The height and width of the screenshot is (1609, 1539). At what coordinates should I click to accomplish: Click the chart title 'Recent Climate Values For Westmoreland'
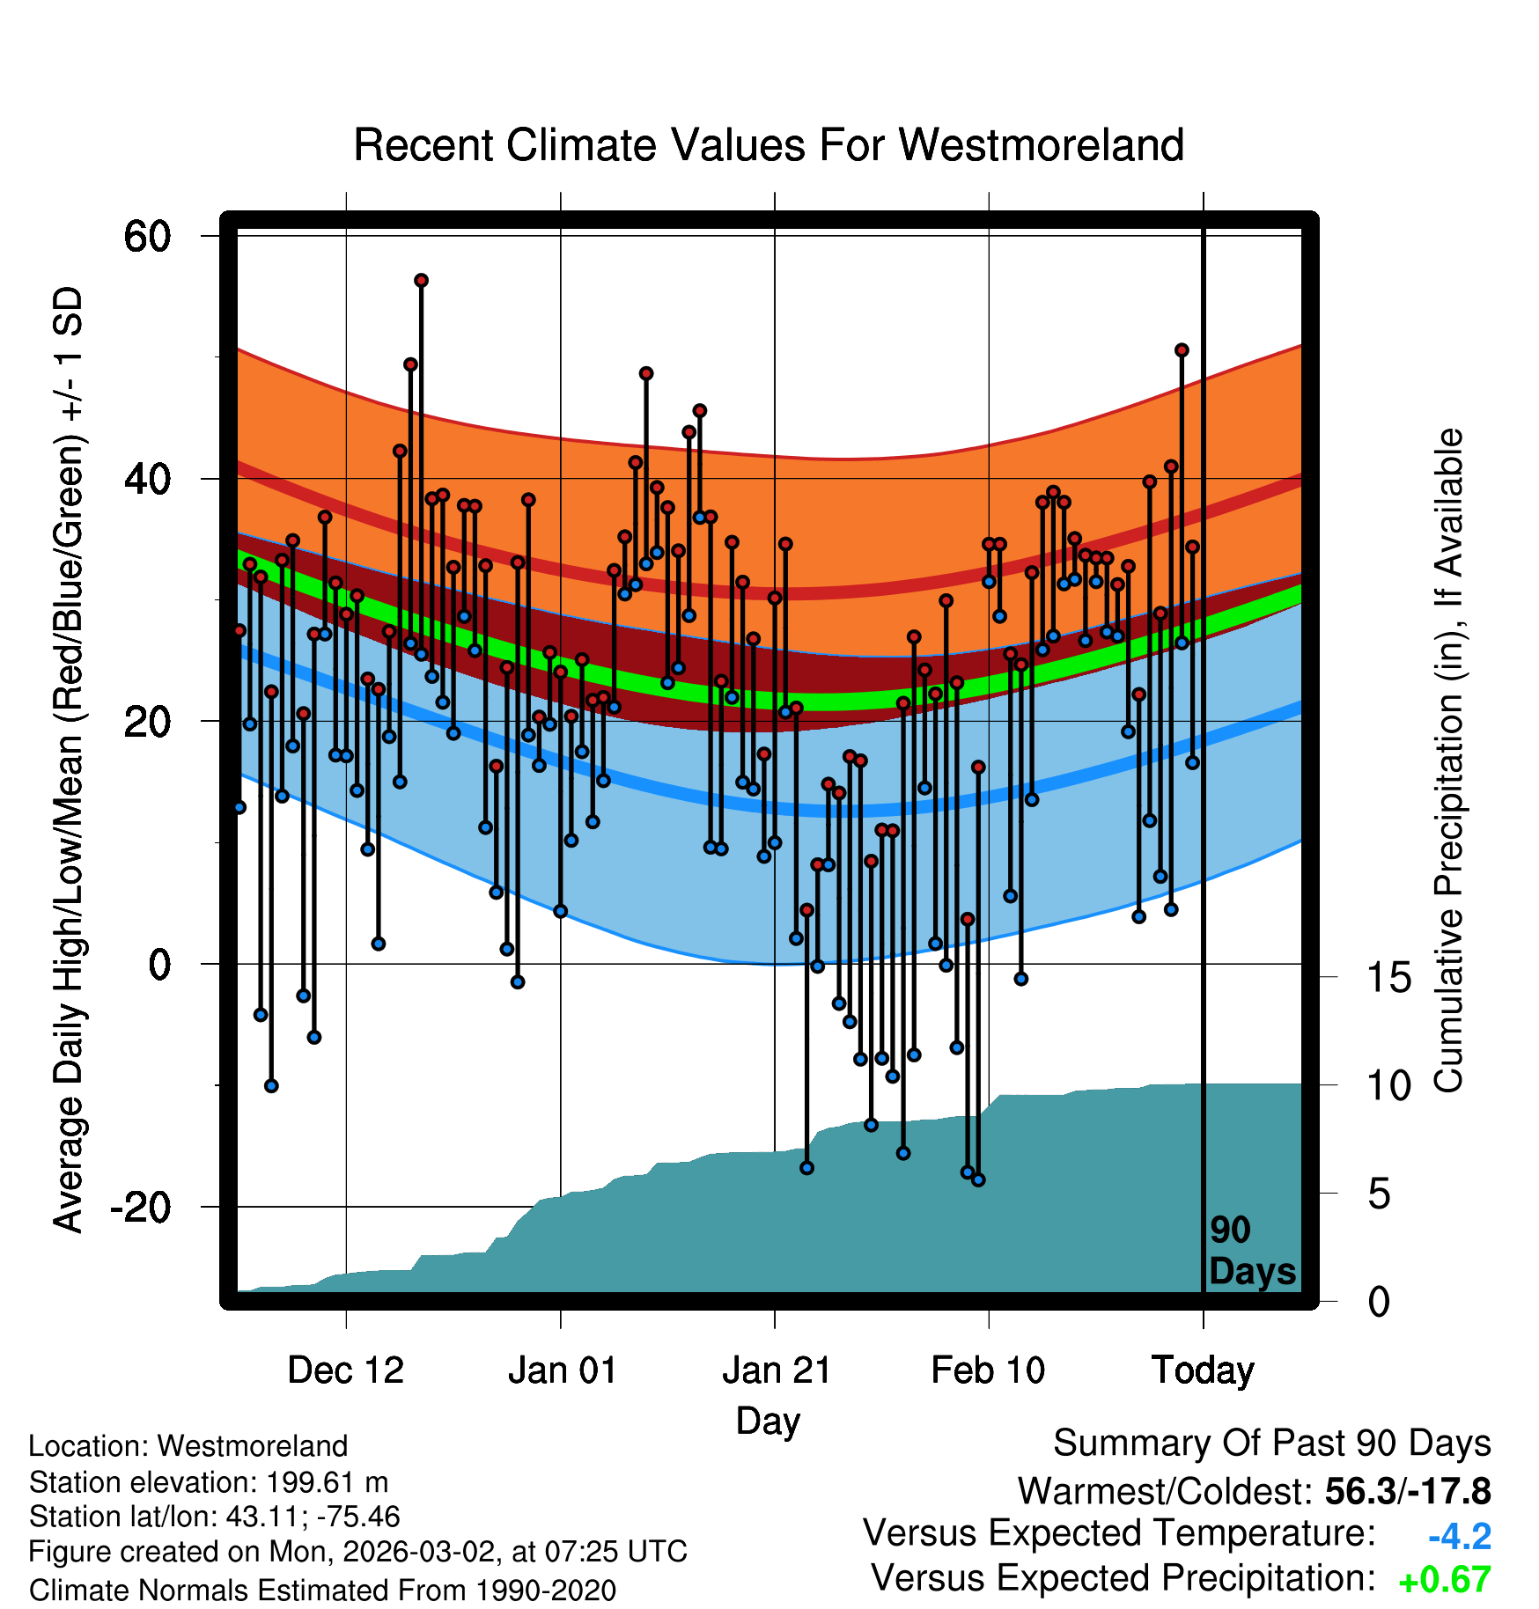pos(768,145)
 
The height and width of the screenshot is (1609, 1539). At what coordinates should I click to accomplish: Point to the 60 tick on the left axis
pos(147,236)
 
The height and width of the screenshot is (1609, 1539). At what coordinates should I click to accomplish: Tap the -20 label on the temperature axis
pos(140,1207)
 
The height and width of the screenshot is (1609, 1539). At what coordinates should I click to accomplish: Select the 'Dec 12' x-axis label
pos(345,1370)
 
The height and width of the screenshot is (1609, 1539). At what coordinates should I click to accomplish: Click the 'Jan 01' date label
pos(562,1370)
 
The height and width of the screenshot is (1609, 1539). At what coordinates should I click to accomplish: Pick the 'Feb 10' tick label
pos(988,1370)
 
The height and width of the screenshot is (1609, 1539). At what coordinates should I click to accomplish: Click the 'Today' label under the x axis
pos(1203,1370)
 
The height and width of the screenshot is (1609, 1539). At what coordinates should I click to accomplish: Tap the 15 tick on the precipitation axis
pos(1388,978)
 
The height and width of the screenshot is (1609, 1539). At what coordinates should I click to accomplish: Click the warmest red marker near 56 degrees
pos(421,281)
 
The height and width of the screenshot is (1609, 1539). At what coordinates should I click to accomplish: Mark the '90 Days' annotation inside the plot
pos(1251,1251)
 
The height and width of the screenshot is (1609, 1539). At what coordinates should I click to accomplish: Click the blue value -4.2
pos(1459,1537)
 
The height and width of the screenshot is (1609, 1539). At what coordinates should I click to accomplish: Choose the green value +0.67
pos(1444,1580)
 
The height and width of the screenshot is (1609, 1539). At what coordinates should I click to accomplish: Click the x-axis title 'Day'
pos(768,1421)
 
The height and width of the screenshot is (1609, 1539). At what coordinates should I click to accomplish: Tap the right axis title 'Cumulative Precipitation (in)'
pos(1448,761)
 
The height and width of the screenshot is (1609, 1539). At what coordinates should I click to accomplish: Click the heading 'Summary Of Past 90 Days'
pos(1271,1444)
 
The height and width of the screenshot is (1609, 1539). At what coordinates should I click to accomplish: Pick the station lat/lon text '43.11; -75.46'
pos(313,1517)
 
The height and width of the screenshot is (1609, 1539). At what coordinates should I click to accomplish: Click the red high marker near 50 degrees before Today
pos(1182,350)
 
